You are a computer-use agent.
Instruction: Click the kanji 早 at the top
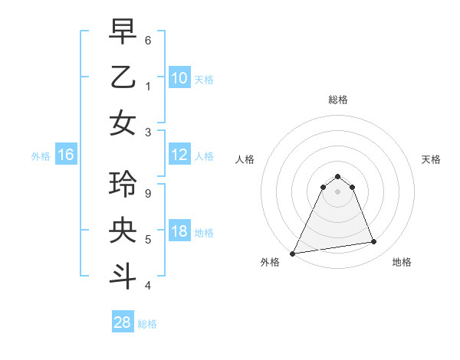click(123, 31)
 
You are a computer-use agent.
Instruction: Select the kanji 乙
click(123, 77)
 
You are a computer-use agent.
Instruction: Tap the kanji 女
click(123, 123)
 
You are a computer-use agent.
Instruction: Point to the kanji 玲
click(123, 185)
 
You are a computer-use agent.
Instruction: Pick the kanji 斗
click(123, 277)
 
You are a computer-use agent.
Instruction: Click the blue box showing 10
click(179, 78)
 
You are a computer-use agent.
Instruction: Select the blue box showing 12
click(179, 155)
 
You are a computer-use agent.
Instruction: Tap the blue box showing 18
click(179, 232)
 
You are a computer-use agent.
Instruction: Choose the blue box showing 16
click(66, 155)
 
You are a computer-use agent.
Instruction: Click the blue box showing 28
click(123, 323)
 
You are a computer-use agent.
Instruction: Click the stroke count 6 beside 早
click(148, 40)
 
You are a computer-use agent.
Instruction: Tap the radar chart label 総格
click(337, 100)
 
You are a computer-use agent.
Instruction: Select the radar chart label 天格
click(431, 159)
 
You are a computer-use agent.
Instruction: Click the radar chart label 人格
click(245, 159)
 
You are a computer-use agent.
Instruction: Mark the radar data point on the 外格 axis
click(293, 253)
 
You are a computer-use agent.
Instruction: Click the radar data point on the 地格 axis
click(373, 242)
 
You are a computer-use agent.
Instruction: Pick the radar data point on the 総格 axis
click(337, 176)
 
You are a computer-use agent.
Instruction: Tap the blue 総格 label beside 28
click(147, 324)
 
